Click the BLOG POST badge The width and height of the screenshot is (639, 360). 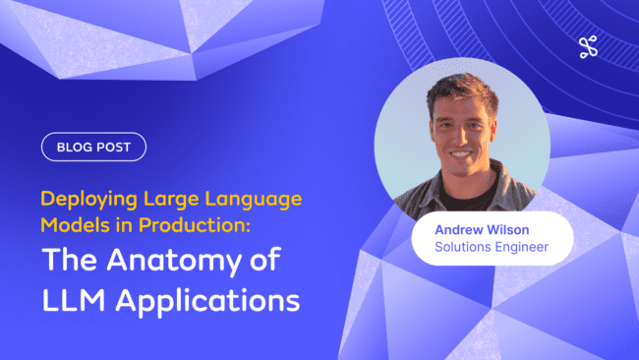tap(93, 148)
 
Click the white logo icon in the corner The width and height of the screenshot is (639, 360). tap(589, 46)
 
